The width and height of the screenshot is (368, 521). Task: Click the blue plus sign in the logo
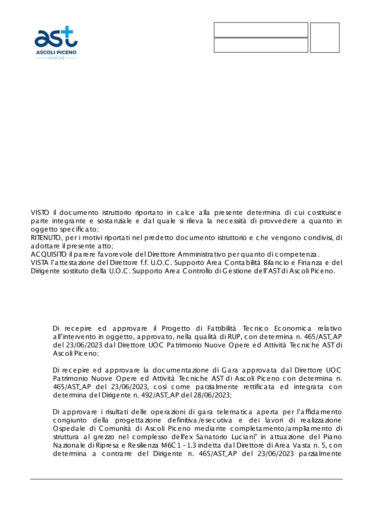pyautogui.click(x=67, y=32)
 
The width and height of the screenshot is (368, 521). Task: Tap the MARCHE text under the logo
pyautogui.click(x=56, y=58)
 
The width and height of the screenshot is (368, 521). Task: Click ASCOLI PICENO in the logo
pyautogui.click(x=56, y=52)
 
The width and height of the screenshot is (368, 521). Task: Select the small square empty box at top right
pyautogui.click(x=325, y=38)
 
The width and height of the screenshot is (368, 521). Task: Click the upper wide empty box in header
pyautogui.click(x=261, y=30)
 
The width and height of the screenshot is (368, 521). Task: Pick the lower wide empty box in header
pyautogui.click(x=261, y=45)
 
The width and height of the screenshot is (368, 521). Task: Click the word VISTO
pyautogui.click(x=40, y=213)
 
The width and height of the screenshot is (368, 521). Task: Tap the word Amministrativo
pyautogui.click(x=201, y=254)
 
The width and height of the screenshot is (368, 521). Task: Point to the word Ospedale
pyautogui.click(x=69, y=429)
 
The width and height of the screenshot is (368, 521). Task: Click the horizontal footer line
pyautogui.click(x=186, y=479)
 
